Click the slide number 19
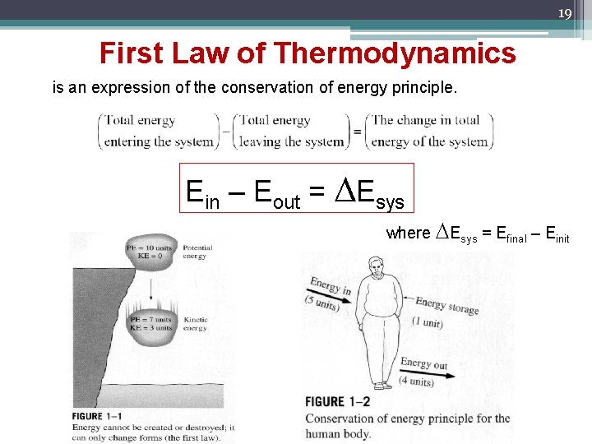pyautogui.click(x=564, y=13)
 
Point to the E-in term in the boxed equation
pyautogui.click(x=203, y=193)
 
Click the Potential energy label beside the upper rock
pyautogui.click(x=197, y=252)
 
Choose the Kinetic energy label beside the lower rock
pyautogui.click(x=196, y=323)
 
